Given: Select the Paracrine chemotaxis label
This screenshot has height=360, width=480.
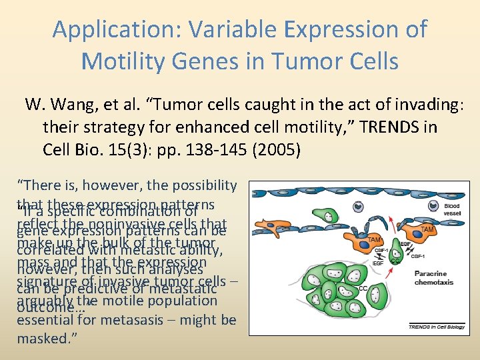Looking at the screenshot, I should (436, 278).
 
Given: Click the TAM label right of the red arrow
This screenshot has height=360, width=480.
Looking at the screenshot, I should (427, 229).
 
